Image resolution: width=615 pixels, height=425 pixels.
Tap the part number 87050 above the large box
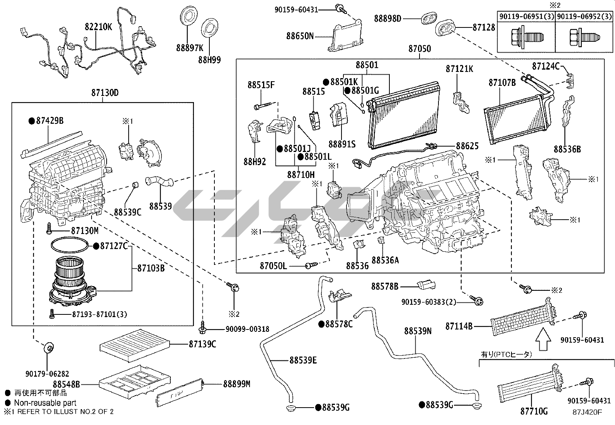pyautogui.click(x=420, y=49)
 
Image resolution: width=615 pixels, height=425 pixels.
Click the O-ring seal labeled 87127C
pyautogui.click(x=70, y=245)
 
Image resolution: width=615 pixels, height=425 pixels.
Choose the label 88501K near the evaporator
pyautogui.click(x=344, y=82)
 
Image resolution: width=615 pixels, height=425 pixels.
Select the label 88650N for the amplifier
pyautogui.click(x=300, y=36)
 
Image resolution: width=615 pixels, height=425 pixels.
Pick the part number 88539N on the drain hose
pyautogui.click(x=418, y=331)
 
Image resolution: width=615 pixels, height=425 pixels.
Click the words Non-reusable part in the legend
pyautogui.click(x=45, y=403)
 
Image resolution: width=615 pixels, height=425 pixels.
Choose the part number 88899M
pyautogui.click(x=236, y=384)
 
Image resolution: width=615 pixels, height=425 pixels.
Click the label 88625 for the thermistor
pyautogui.click(x=467, y=146)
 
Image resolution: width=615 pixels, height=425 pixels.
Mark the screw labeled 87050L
pyautogui.click(x=310, y=266)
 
